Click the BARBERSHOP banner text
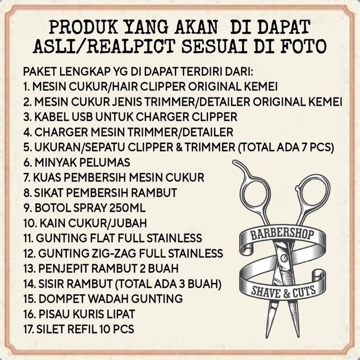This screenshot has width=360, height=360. point(282,235)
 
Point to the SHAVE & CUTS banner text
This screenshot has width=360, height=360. point(283,292)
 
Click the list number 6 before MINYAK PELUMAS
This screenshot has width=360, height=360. point(27,162)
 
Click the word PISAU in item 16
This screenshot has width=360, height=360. point(55,314)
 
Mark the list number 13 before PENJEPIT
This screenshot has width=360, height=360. point(29,268)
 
